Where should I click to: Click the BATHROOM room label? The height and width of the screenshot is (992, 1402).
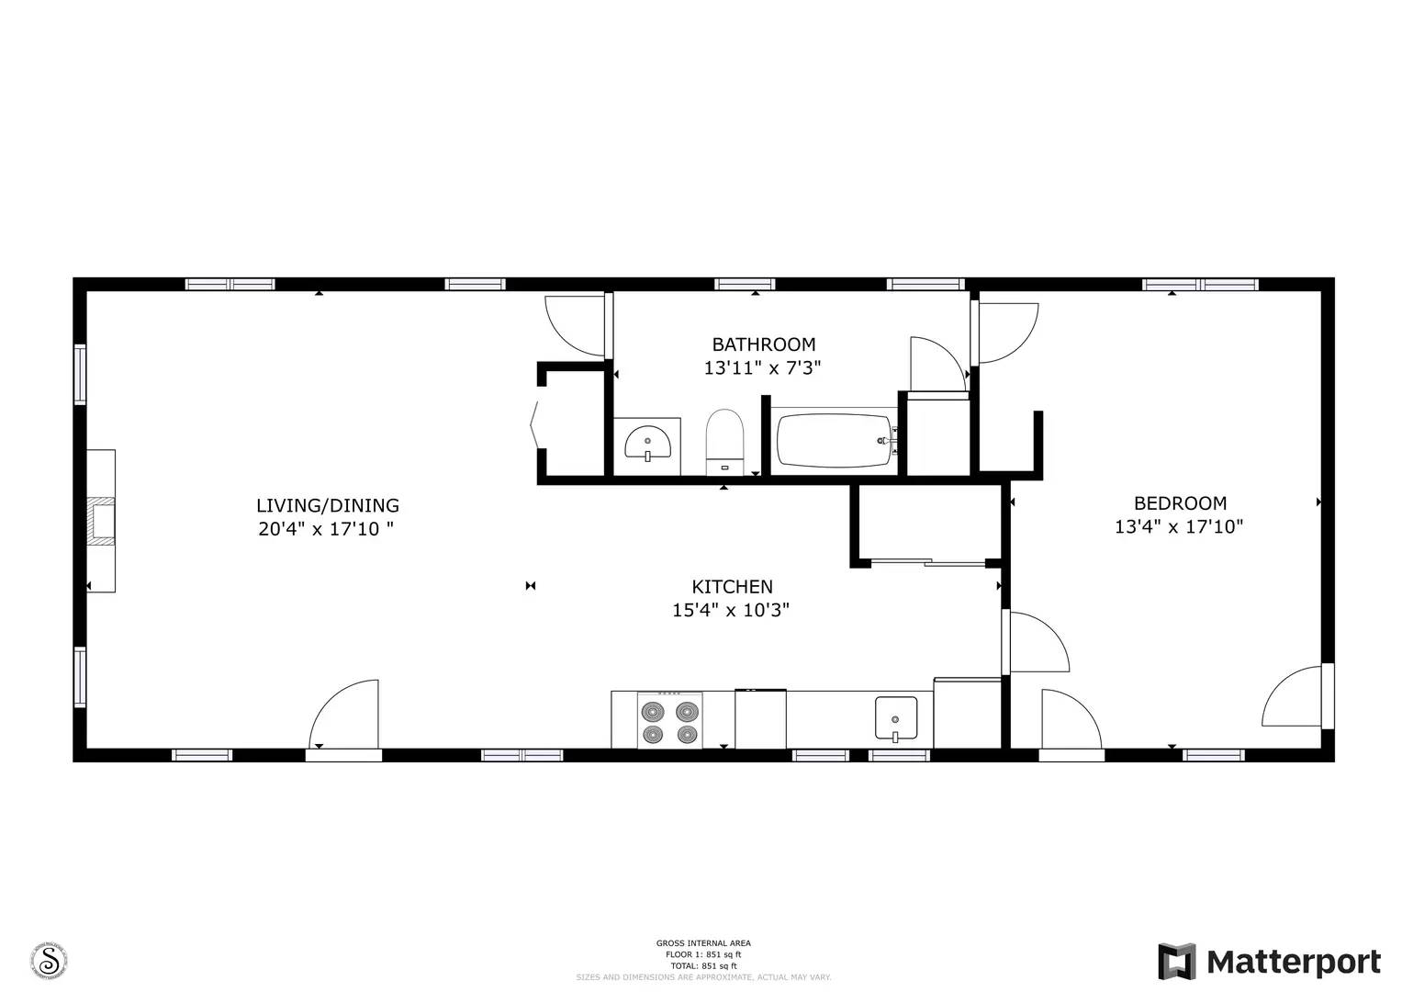(x=763, y=344)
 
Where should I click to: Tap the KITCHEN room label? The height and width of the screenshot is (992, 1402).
(x=732, y=587)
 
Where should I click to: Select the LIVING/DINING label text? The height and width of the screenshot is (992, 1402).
(x=327, y=505)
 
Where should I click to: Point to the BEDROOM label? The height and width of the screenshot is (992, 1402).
(x=1180, y=503)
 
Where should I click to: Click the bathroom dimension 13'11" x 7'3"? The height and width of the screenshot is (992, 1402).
(x=762, y=368)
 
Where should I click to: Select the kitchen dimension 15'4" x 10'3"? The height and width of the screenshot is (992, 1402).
(x=731, y=610)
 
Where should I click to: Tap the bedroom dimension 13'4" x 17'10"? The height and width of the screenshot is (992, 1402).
(x=1179, y=527)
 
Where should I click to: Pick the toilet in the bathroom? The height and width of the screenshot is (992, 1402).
(x=723, y=442)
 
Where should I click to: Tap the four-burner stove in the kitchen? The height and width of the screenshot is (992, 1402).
(x=669, y=721)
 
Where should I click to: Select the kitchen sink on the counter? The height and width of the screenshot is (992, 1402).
(x=895, y=718)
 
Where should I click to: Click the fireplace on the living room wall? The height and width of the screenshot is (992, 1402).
(x=101, y=521)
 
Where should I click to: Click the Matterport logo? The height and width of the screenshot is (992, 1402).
(x=1269, y=962)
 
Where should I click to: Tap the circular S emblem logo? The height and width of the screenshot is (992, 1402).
(x=50, y=961)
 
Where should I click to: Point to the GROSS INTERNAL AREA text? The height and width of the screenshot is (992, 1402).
(x=703, y=943)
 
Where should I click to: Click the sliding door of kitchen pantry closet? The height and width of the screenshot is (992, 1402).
(x=927, y=562)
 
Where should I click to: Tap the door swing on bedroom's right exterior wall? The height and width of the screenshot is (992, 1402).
(x=1295, y=697)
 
